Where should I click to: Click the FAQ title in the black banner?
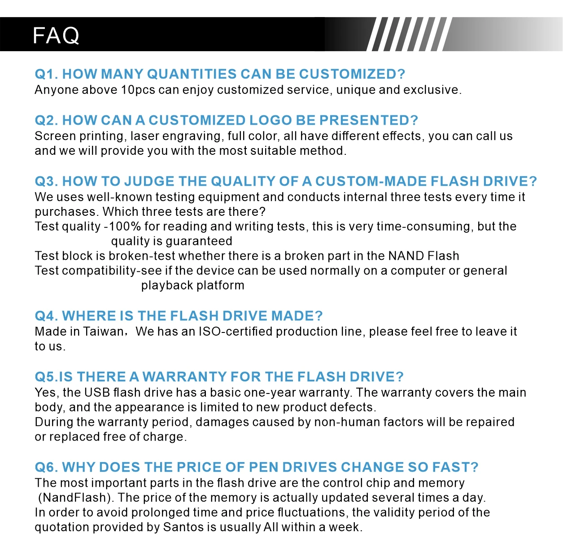56,35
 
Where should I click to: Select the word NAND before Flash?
406,256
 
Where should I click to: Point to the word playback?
169,285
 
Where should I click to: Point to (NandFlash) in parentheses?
75,498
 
